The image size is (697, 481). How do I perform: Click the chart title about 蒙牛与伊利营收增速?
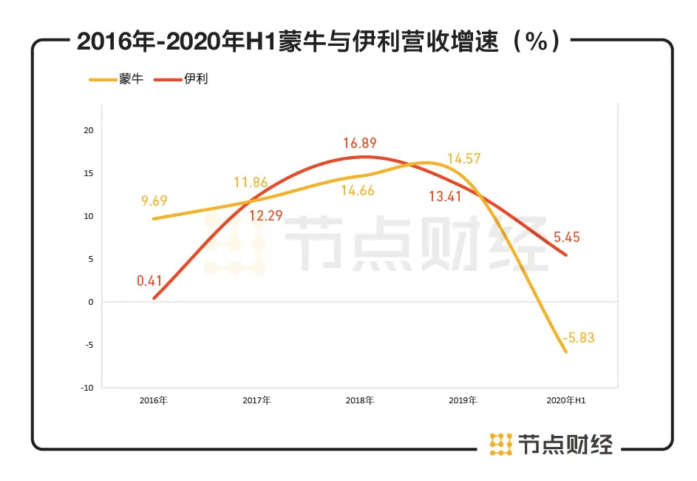(x=318, y=42)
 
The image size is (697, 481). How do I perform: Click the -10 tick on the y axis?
(x=87, y=387)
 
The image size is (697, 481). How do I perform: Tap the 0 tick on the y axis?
(x=90, y=302)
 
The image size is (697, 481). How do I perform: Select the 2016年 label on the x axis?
(x=153, y=400)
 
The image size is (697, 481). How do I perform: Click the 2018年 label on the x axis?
(x=359, y=400)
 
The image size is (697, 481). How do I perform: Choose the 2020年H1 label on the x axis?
(x=565, y=400)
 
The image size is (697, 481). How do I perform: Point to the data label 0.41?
(x=150, y=280)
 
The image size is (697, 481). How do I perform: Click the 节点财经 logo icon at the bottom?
(x=501, y=443)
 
